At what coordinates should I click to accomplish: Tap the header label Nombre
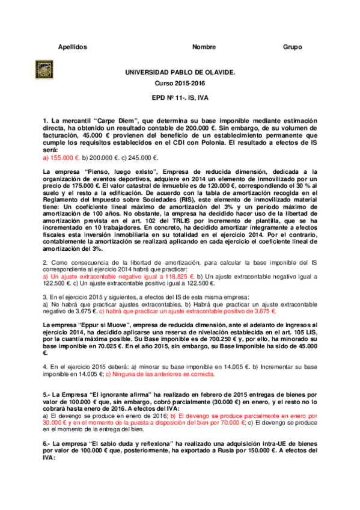click(x=204, y=47)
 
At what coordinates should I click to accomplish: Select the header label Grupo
click(x=293, y=47)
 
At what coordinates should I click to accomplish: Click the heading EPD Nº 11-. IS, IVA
click(x=180, y=97)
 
